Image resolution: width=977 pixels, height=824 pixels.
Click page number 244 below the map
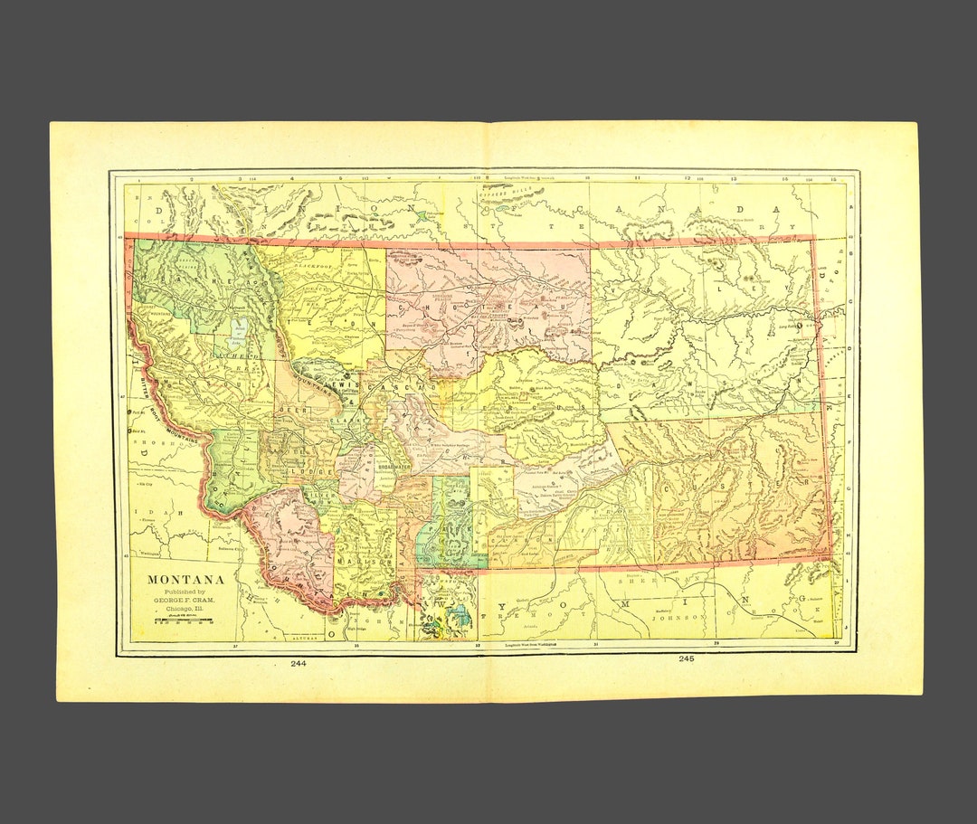pos(299,663)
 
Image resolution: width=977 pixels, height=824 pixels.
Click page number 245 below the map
pos(685,659)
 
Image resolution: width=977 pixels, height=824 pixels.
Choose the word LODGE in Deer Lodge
pos(299,470)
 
